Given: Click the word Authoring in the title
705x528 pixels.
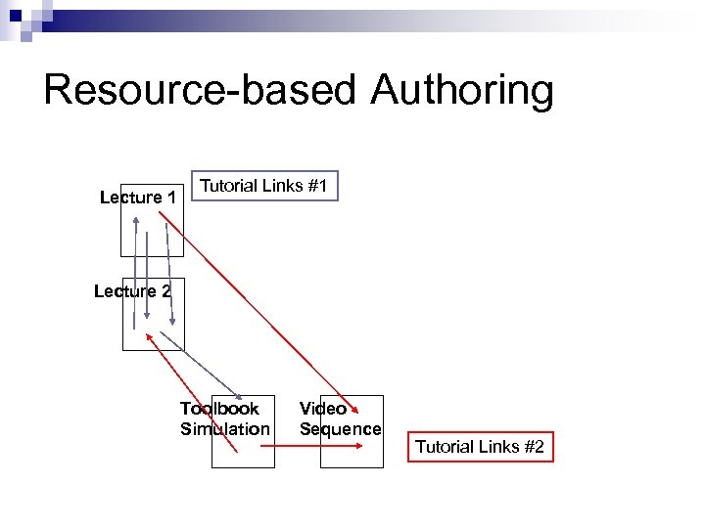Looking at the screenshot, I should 462,91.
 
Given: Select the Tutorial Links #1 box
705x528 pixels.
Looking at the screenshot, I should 263,185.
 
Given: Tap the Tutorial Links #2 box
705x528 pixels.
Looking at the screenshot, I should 479,447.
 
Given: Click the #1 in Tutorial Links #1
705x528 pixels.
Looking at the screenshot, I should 316,185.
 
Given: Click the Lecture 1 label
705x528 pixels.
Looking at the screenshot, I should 138,198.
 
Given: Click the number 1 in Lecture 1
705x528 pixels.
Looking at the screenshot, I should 171,198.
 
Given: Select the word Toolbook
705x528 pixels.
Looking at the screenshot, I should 219,409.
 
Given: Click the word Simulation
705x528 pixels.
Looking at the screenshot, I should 225,429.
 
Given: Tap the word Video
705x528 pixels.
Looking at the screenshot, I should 322,409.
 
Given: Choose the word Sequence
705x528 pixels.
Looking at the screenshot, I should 340,429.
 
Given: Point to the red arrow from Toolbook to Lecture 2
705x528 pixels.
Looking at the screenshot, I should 191,391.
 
